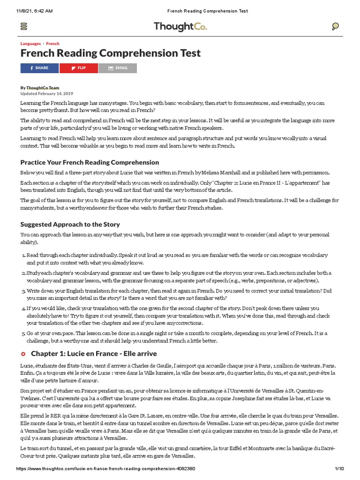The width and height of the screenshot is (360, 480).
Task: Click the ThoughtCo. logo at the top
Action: (180, 27)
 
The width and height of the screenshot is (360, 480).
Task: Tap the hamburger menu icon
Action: (24, 27)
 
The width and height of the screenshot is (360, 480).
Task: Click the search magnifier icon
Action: (335, 27)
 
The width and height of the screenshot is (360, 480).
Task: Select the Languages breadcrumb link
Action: (30, 44)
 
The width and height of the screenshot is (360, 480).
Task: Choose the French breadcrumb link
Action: (52, 44)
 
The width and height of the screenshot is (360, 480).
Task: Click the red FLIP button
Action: (79, 68)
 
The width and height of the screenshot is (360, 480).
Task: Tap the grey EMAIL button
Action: (118, 68)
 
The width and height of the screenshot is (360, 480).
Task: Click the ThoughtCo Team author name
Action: (43, 88)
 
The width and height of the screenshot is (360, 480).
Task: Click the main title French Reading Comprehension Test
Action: (110, 53)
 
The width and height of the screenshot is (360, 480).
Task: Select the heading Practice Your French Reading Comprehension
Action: (90, 162)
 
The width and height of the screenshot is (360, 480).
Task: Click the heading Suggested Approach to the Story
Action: (70, 224)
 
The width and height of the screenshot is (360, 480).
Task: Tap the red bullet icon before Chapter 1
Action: (23, 353)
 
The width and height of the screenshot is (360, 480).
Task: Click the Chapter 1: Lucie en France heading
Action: (94, 353)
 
